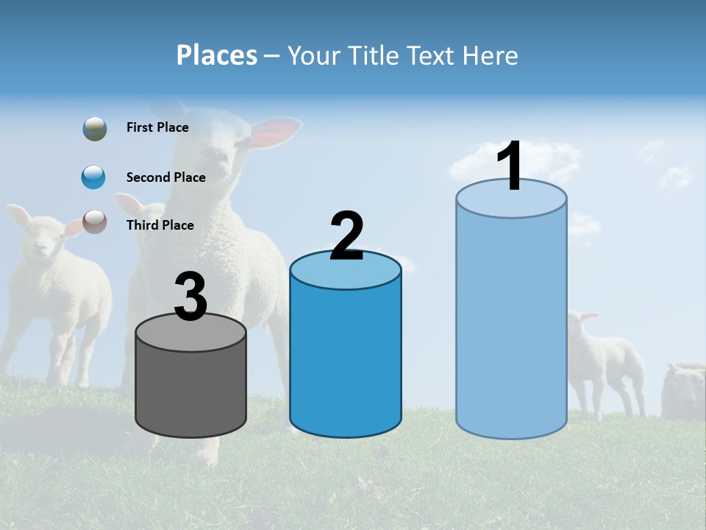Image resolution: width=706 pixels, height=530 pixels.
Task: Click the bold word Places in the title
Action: click(217, 55)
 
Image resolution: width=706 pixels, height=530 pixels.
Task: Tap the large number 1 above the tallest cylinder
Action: click(510, 167)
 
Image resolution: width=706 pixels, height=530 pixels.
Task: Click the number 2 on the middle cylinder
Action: click(346, 236)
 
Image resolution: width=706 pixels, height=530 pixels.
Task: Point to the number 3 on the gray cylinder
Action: click(190, 297)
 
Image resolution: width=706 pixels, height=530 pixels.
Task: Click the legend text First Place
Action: click(157, 127)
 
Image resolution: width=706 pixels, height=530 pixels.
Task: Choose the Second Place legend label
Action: click(165, 177)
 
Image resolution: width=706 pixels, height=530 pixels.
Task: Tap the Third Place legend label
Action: click(160, 225)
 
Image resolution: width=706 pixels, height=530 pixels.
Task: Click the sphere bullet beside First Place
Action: click(95, 129)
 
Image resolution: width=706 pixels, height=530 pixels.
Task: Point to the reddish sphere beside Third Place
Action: click(95, 221)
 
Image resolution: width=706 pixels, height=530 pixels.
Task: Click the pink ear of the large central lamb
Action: click(276, 132)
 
